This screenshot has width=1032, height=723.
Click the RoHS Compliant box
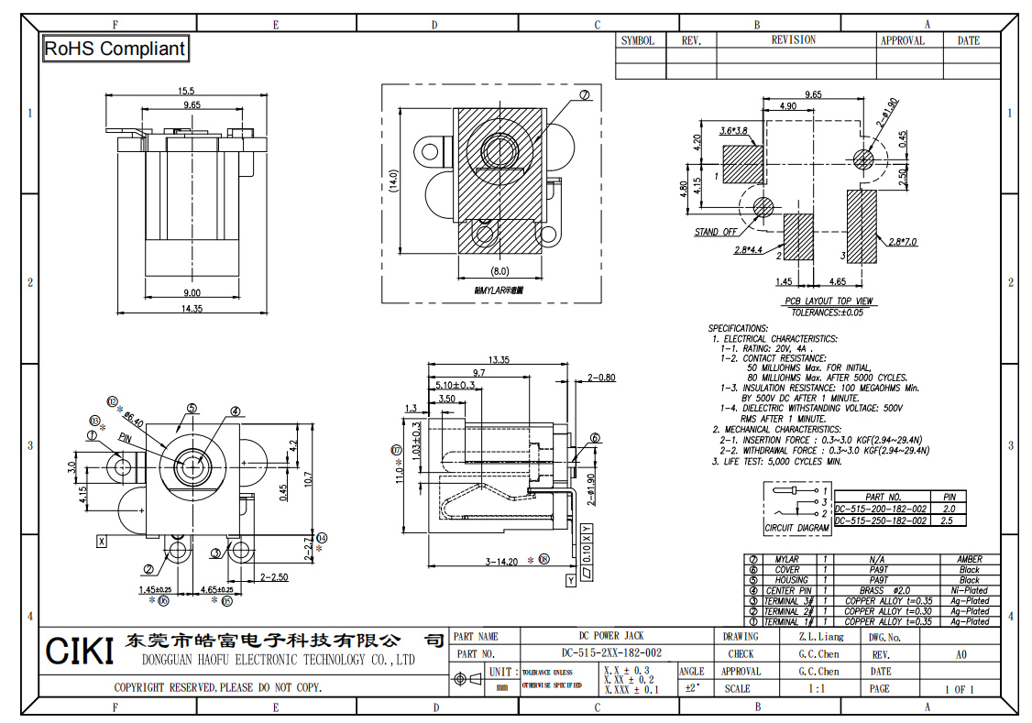point(115,49)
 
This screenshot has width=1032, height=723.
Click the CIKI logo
point(79,652)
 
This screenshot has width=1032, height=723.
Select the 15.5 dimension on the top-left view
point(186,91)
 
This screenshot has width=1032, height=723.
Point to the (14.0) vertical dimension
point(393,180)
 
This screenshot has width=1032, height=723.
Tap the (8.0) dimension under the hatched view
point(500,271)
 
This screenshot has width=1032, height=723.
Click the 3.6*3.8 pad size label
point(733,131)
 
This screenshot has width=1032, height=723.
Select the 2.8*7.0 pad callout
point(903,242)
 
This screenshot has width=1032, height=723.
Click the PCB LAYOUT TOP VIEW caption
point(828,301)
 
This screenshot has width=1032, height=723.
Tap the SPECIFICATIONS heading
point(738,328)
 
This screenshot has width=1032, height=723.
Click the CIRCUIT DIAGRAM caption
point(796,529)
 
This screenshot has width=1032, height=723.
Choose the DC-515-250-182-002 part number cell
point(880,520)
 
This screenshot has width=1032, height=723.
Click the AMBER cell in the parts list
point(969,559)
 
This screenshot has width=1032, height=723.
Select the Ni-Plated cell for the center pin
point(969,590)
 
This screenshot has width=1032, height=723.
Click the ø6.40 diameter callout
point(132,417)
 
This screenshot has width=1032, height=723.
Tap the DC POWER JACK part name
point(610,636)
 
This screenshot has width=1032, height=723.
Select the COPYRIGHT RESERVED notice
point(217,687)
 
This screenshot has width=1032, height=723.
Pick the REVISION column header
point(793,40)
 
